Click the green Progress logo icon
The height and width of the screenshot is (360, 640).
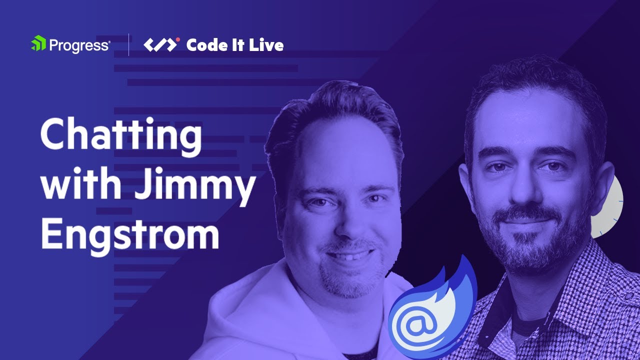click(38, 44)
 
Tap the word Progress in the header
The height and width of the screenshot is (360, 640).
click(79, 45)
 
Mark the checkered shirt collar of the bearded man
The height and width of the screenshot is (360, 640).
click(500, 300)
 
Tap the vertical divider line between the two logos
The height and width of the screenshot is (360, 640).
click(129, 45)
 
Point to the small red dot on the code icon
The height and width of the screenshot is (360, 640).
click(178, 39)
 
